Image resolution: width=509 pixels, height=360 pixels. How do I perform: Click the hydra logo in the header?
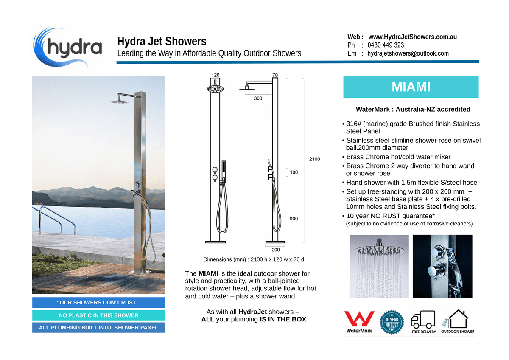[x=68, y=47]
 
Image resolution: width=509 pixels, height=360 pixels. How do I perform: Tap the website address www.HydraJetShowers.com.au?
[x=412, y=37]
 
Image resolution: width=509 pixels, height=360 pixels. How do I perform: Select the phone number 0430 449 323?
[x=386, y=45]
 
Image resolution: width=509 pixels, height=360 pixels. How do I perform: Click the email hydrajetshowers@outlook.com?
[x=408, y=53]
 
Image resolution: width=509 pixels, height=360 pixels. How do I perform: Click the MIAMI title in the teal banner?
[x=411, y=87]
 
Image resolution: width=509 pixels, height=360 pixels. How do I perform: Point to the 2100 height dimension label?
[x=314, y=159]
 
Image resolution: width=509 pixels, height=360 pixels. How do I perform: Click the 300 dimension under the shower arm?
[x=258, y=98]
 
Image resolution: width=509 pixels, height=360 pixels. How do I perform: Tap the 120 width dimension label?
[x=216, y=75]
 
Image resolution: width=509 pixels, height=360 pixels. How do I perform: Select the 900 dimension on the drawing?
[x=294, y=219]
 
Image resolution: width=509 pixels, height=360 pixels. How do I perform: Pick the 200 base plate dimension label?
[x=276, y=250]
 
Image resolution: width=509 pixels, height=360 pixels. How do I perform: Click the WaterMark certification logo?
[x=359, y=322]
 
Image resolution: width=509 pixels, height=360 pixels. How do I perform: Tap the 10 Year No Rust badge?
[x=391, y=322]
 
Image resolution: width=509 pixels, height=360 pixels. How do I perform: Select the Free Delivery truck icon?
[x=424, y=322]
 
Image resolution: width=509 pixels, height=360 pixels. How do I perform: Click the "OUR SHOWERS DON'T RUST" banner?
[x=98, y=302]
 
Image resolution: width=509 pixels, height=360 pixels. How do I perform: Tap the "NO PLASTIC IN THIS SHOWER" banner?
[x=98, y=315]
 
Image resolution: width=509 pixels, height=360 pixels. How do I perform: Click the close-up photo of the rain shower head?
[x=379, y=266]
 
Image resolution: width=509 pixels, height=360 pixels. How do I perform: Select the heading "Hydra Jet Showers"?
[x=162, y=42]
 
